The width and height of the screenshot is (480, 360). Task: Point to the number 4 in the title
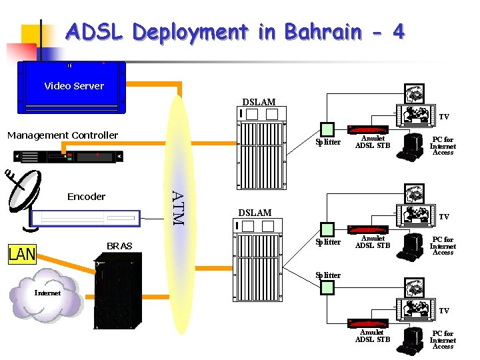pyautogui.click(x=398, y=31)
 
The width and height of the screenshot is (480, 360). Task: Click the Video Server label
pyautogui.click(x=74, y=86)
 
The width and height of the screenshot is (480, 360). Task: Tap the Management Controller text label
pyautogui.click(x=63, y=135)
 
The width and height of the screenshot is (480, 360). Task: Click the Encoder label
pyautogui.click(x=86, y=197)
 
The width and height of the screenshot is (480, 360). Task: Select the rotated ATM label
pyautogui.click(x=177, y=207)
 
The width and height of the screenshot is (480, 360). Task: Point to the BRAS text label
pyautogui.click(x=119, y=246)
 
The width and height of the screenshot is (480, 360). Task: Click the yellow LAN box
pyautogui.click(x=21, y=255)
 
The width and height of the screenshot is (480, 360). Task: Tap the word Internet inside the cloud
pyautogui.click(x=47, y=293)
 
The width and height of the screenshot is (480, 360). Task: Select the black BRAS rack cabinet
pyautogui.click(x=119, y=294)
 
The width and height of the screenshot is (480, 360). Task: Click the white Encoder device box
pyautogui.click(x=86, y=217)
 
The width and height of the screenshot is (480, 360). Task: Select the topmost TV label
pyautogui.click(x=443, y=117)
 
